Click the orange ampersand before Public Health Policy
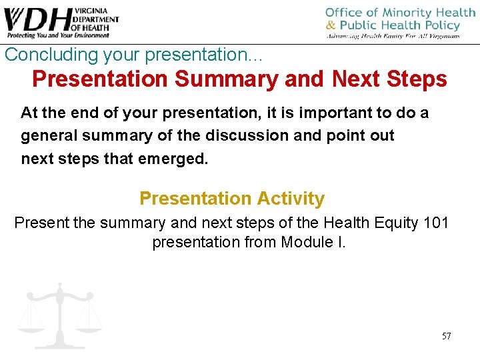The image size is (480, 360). click(330, 26)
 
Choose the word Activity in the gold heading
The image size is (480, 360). click(288, 199)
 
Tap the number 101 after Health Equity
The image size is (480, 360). click(436, 222)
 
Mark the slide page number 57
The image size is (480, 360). click(446, 336)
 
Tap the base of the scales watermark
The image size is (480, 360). click(60, 343)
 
